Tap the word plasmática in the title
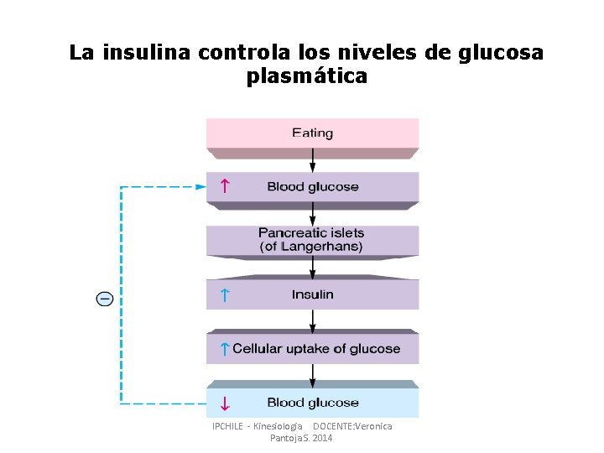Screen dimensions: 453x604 (x=307, y=76)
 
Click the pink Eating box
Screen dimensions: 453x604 (x=312, y=133)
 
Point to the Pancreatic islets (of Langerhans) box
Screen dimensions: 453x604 (x=312, y=240)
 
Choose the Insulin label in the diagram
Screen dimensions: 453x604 (x=312, y=294)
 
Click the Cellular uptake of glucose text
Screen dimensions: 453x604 (x=316, y=349)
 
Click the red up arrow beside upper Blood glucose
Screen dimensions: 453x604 (x=224, y=186)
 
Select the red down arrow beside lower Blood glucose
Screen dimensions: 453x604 (x=224, y=404)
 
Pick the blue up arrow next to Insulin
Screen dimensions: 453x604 (x=224, y=294)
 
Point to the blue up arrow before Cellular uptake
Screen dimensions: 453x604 (x=224, y=349)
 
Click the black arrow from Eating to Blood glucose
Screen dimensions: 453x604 (x=313, y=163)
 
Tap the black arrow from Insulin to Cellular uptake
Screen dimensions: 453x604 (x=313, y=320)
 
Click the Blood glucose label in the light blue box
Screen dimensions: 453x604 (x=312, y=403)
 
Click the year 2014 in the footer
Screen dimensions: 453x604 (x=322, y=439)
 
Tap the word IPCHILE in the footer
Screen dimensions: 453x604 (x=228, y=427)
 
